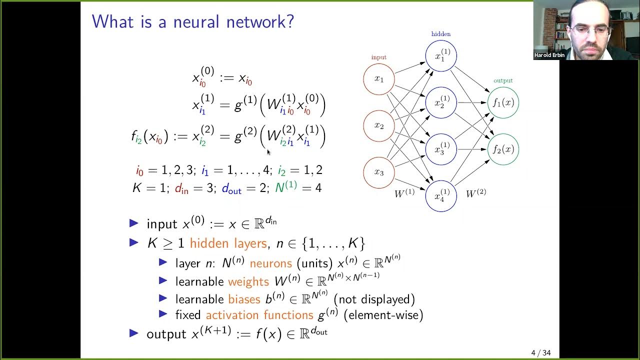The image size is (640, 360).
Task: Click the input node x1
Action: tap(379, 79)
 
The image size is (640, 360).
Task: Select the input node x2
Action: tap(379, 125)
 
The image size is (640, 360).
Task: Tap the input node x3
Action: tap(379, 172)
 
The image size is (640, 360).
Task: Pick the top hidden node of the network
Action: tap(441, 55)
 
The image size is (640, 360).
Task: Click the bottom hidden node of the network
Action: tap(441, 195)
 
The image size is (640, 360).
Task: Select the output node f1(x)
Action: tap(503, 102)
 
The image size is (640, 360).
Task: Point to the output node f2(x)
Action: tap(503, 149)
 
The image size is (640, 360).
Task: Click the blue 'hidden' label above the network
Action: tap(441, 34)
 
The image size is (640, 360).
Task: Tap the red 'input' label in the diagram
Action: tap(379, 57)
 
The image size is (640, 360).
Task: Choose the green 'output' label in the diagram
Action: tap(503, 80)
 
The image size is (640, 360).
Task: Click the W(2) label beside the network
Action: tap(475, 193)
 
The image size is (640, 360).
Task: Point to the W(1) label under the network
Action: tap(404, 193)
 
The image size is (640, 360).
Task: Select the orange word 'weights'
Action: tap(248, 282)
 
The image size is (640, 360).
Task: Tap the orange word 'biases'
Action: tap(244, 299)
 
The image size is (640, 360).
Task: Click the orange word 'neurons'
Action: tap(270, 263)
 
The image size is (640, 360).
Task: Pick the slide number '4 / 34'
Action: tap(540, 353)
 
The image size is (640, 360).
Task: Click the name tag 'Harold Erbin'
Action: tap(549, 55)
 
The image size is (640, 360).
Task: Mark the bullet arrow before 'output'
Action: tap(133, 333)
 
